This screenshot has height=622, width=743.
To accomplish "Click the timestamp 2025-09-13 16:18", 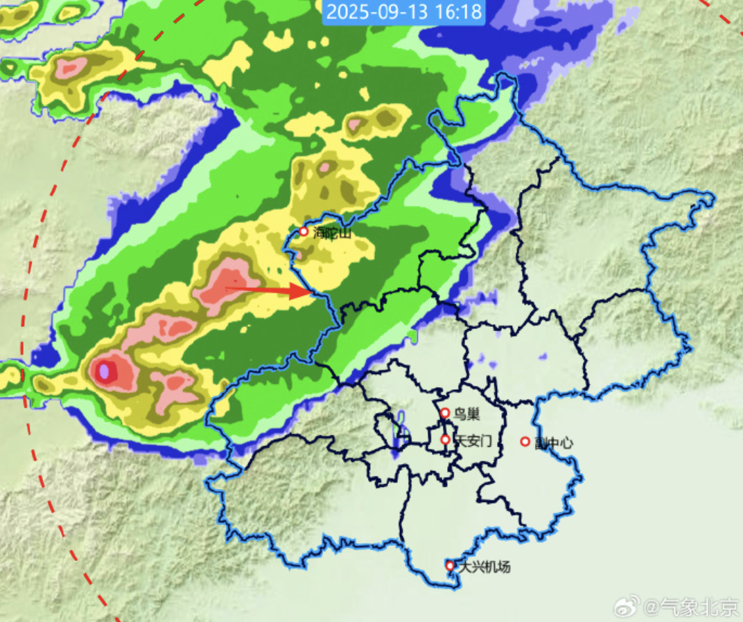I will [x=403, y=12].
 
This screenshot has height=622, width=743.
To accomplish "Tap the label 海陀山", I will [x=332, y=233].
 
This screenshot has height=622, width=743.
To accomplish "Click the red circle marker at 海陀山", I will [x=303, y=231].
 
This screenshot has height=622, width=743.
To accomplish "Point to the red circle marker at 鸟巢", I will [x=445, y=413].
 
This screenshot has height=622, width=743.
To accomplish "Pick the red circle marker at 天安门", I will [x=445, y=439].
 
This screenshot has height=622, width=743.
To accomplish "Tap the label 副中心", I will [x=554, y=443].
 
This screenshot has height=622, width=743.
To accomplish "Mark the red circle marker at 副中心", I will [x=525, y=441].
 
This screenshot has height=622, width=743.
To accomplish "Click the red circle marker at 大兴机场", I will [x=450, y=566].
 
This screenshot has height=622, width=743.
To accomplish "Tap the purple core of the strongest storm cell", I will [x=105, y=371].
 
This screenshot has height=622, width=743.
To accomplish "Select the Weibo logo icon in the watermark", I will [x=627, y=608].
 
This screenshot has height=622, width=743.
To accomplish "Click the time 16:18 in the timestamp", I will [x=459, y=12].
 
